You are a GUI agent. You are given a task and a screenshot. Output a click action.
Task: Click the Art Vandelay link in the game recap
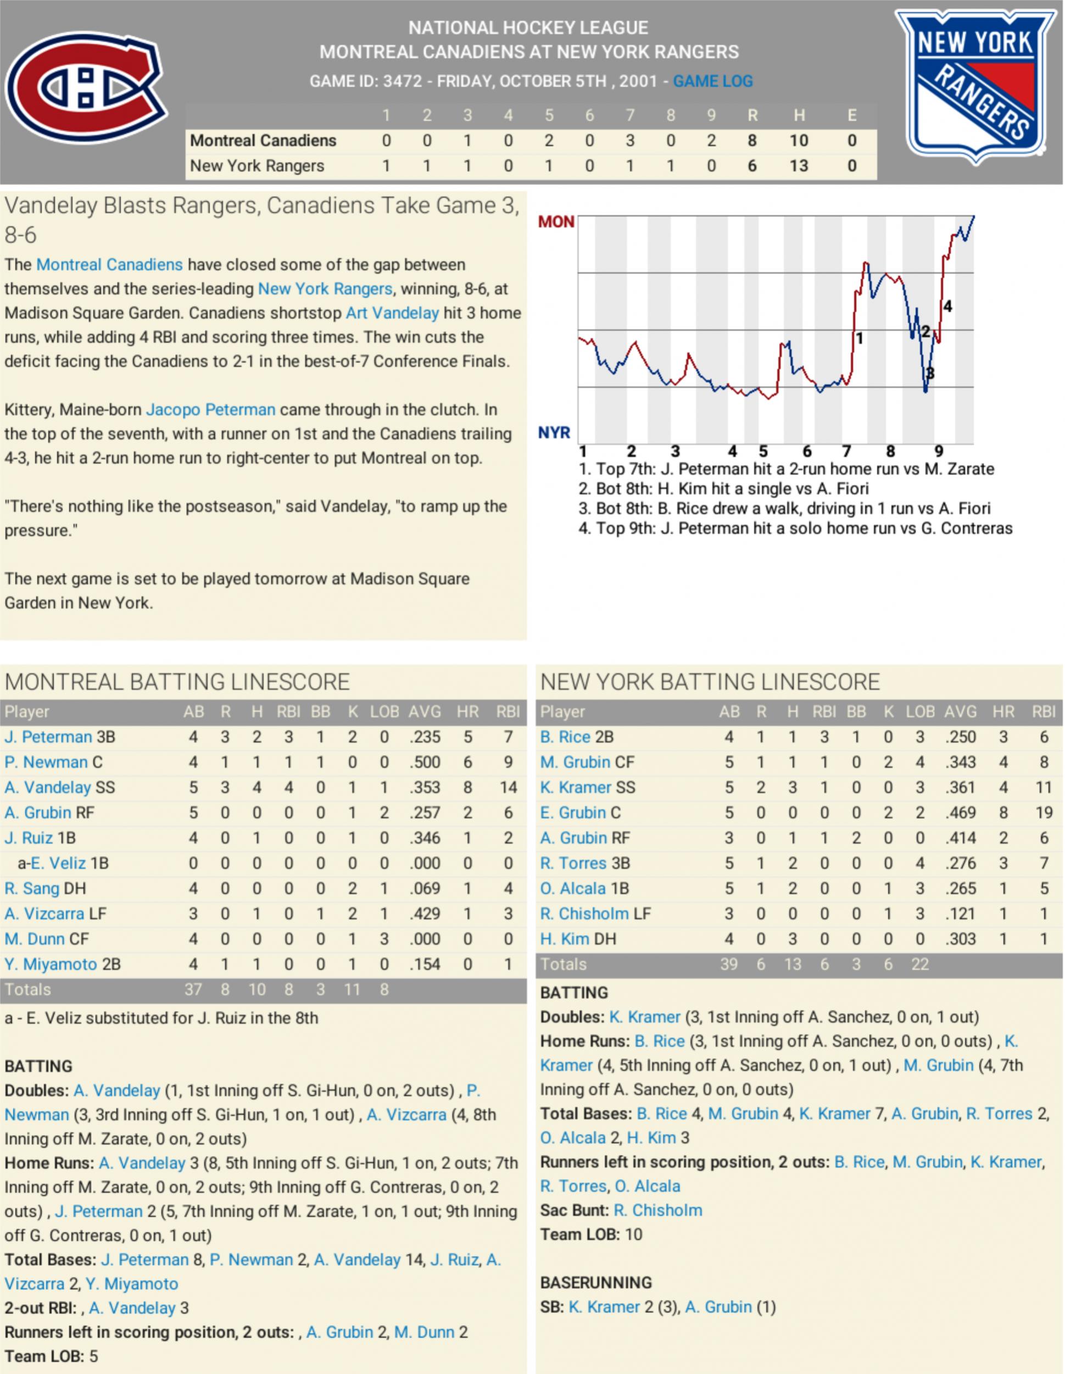coord(392,313)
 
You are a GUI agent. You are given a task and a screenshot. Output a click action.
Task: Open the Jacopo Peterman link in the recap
coord(210,409)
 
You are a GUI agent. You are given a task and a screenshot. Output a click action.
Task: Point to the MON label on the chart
coord(556,221)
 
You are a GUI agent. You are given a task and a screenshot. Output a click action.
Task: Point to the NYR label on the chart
coord(554,433)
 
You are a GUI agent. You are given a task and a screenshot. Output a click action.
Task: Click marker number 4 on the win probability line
coord(947,307)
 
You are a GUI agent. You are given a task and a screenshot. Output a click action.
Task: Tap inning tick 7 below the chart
coord(847,451)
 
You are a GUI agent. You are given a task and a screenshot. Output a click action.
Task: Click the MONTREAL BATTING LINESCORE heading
coord(177,682)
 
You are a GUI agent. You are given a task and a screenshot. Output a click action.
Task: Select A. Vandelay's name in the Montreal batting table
coord(48,787)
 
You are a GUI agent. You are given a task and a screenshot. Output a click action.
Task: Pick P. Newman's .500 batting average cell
coord(424,762)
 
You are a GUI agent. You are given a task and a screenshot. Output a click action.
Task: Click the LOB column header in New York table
coord(919,711)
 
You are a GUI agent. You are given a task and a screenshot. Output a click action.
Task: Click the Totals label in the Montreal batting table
coord(27,989)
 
